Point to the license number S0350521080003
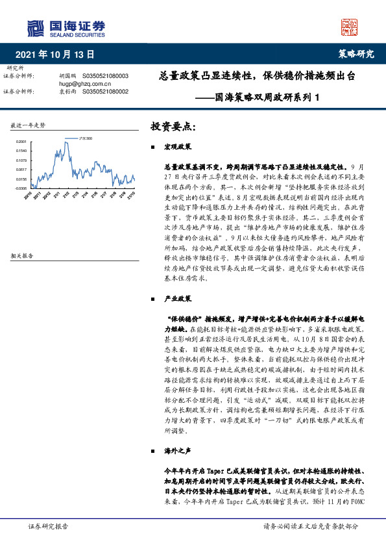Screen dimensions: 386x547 (105, 76)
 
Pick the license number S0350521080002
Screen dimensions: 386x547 (105, 92)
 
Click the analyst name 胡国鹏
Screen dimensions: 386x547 (68, 76)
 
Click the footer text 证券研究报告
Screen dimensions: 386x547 (48, 526)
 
